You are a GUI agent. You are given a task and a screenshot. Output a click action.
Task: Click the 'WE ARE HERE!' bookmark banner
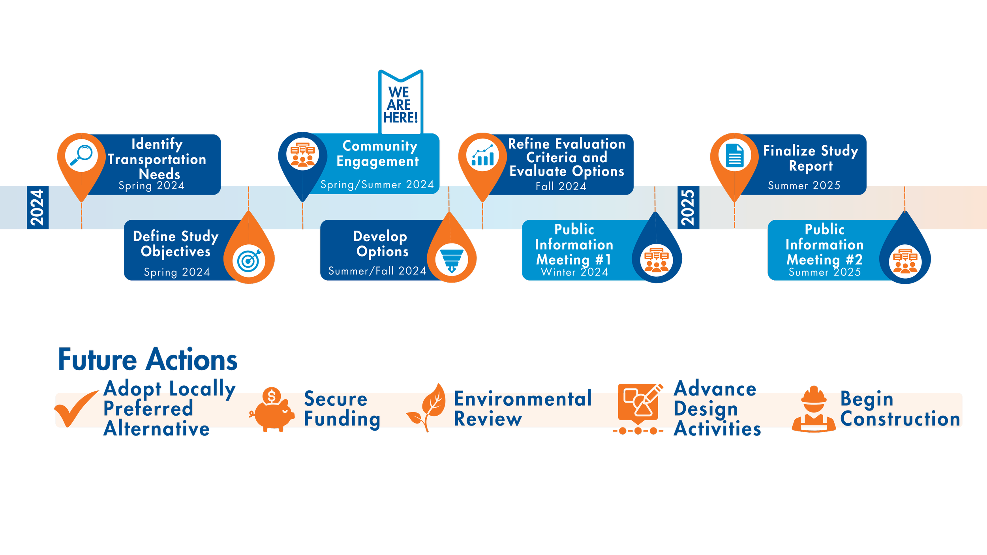tap(400, 104)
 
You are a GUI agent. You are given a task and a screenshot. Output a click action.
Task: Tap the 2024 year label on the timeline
tap(38, 208)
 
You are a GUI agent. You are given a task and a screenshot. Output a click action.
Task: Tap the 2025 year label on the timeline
tap(688, 208)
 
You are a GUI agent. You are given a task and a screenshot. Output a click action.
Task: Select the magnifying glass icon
tap(81, 155)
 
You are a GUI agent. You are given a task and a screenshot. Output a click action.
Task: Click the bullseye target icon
tap(249, 261)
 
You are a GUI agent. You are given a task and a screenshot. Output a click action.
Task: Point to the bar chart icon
tap(482, 155)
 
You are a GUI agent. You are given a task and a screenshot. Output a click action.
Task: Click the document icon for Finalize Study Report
tap(734, 156)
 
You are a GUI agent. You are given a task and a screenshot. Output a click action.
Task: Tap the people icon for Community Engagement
tap(302, 154)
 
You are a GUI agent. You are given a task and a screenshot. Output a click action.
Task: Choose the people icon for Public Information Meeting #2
tap(905, 262)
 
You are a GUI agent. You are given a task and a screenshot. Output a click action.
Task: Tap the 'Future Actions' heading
tap(148, 360)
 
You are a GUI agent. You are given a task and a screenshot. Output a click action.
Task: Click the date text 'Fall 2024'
tap(561, 186)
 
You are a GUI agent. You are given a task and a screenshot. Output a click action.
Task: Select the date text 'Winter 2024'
tap(574, 272)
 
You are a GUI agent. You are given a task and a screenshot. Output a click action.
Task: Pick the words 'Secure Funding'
tap(342, 409)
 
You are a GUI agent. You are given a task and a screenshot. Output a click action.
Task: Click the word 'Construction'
tap(900, 419)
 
